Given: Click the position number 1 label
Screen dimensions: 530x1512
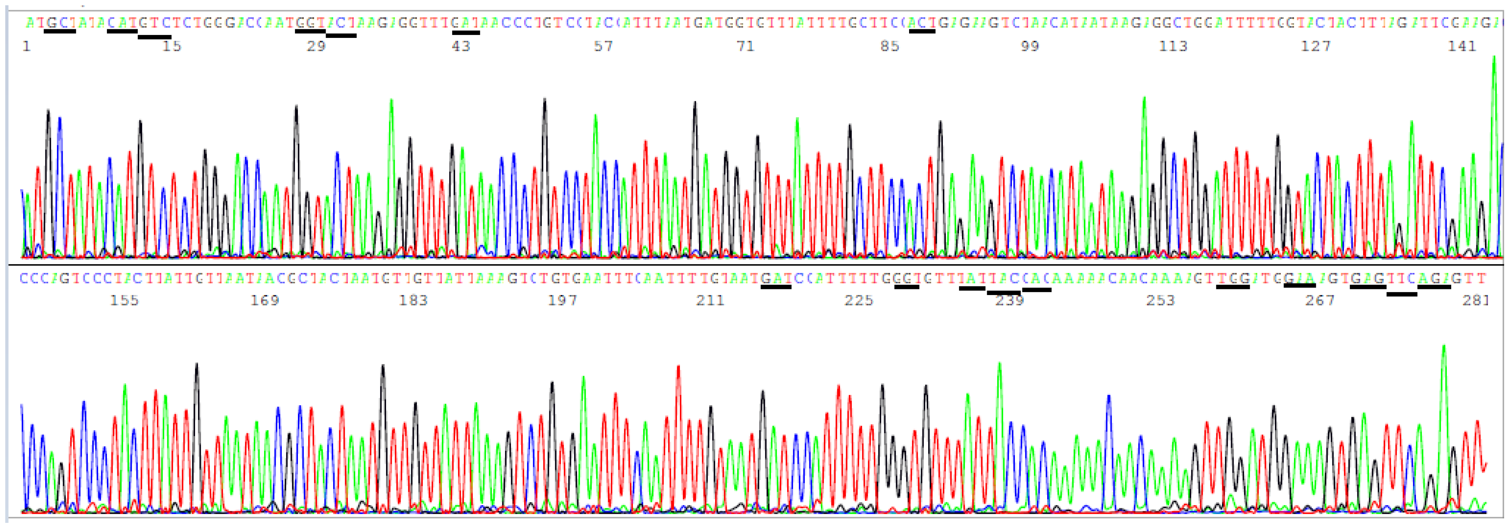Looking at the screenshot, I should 26,47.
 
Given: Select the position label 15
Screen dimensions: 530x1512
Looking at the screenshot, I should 172,47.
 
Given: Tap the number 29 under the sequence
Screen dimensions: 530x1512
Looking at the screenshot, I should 316,47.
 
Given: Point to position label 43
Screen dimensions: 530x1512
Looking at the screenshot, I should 461,47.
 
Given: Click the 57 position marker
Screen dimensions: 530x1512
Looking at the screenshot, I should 603,47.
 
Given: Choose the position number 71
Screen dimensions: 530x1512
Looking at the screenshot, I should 745,47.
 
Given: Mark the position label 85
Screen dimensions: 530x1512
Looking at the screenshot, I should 890,47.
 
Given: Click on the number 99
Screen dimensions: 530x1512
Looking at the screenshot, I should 1030,47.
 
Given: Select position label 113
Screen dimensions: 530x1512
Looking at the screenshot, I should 1173,47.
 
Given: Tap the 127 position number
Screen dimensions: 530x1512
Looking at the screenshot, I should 1316,47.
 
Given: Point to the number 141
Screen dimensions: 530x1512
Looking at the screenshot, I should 1461,47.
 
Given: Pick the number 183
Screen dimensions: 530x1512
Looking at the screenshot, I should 413,301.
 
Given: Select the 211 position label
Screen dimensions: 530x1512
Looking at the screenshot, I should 710,301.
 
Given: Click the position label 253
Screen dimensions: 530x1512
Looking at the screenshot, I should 1161,301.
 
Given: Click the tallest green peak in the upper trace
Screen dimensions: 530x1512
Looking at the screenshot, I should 1494,57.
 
